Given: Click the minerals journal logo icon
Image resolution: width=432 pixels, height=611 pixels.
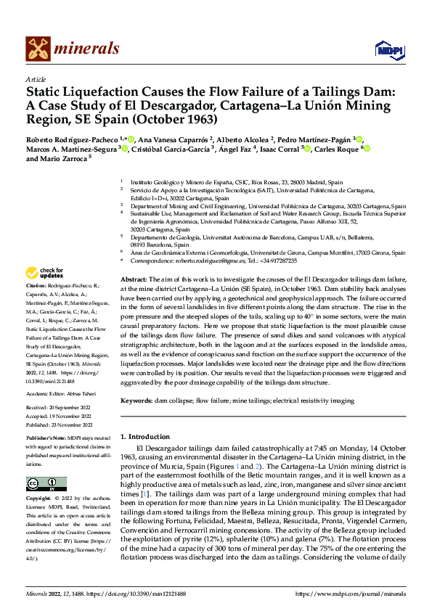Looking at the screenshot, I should pyautogui.click(x=38, y=49).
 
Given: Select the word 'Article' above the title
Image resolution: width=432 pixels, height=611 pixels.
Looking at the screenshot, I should pyautogui.click(x=35, y=78).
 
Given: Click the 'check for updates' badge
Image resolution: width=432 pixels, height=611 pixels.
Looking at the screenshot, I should pyautogui.click(x=44, y=274).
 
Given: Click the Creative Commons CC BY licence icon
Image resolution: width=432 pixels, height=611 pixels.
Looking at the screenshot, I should pyautogui.click(x=47, y=484).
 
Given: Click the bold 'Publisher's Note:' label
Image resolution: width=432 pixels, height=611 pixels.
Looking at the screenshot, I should pyautogui.click(x=47, y=440).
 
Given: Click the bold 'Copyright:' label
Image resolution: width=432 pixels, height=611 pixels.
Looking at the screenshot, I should pyautogui.click(x=39, y=499).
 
